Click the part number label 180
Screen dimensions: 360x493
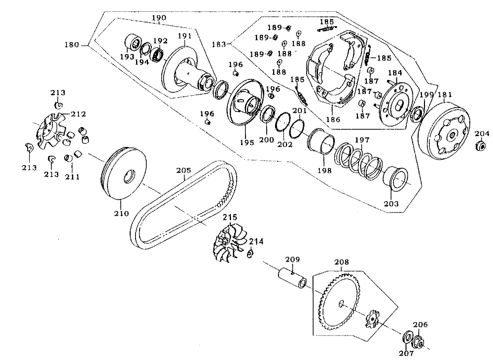pyautogui.click(x=71, y=45)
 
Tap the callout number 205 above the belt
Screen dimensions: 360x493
pyautogui.click(x=183, y=171)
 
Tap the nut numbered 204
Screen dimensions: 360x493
pyautogui.click(x=479, y=146)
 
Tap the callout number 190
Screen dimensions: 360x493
pyautogui.click(x=159, y=18)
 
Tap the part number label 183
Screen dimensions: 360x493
pyautogui.click(x=218, y=44)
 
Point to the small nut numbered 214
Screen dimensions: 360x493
pyautogui.click(x=250, y=253)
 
